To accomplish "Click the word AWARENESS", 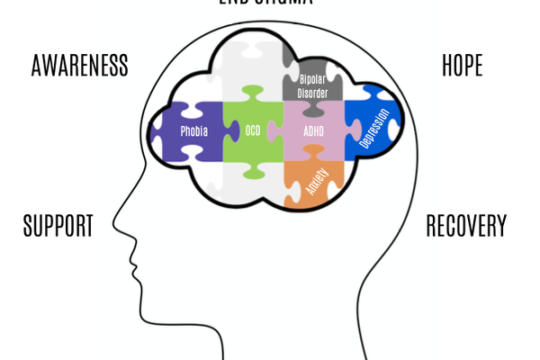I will click(79, 66).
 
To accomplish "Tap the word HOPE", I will click(462, 66).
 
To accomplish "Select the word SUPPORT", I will click(58, 226).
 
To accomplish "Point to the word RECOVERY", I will click(466, 226).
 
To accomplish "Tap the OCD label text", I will click(253, 131).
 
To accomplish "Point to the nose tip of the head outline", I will click(114, 222).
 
